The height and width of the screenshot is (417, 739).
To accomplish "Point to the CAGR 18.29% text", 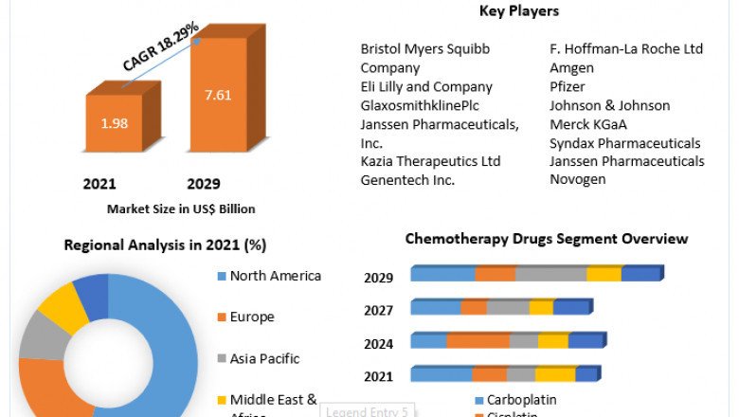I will [160, 47].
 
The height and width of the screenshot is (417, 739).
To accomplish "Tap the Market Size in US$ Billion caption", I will [181, 208].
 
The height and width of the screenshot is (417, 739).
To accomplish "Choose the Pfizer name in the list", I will [568, 86].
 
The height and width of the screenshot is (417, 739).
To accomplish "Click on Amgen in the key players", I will [571, 67].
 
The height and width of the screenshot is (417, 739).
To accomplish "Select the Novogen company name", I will [577, 179].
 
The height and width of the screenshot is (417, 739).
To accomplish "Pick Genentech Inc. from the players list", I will [407, 179].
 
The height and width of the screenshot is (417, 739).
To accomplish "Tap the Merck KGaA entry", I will [588, 124].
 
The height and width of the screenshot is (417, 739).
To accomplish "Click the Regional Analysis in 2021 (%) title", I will [165, 245].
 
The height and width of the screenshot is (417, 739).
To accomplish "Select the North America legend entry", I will [275, 276].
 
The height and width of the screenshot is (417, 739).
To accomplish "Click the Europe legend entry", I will [252, 317].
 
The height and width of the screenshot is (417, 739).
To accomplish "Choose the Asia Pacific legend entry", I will [264, 358].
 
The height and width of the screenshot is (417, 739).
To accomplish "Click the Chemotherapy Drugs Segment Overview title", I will [547, 239].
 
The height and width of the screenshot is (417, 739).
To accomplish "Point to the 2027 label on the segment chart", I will [379, 310].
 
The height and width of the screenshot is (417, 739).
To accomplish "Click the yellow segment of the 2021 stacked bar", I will [554, 374].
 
